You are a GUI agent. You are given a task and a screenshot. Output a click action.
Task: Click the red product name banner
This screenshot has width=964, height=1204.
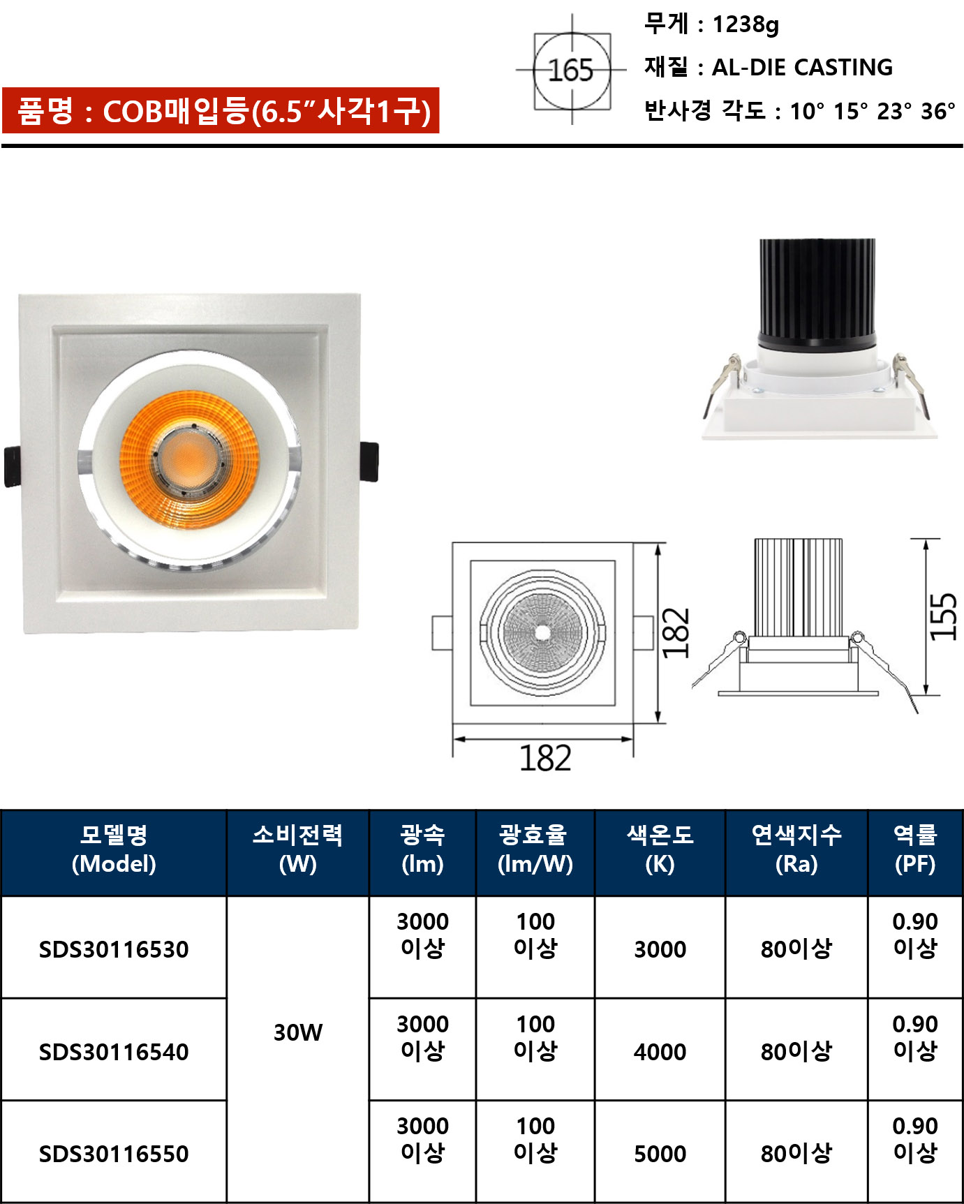click(x=221, y=110)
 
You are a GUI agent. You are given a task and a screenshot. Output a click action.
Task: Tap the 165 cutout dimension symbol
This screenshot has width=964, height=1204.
click(x=572, y=70)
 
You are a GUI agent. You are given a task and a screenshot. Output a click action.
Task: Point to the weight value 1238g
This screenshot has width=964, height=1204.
click(x=746, y=24)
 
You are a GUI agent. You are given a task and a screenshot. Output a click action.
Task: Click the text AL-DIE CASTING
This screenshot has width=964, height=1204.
click(x=802, y=67)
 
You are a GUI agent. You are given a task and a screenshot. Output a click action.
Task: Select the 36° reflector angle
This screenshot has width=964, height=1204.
click(x=937, y=110)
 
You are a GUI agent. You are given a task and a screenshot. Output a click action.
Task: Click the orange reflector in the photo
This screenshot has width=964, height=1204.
click(x=189, y=459)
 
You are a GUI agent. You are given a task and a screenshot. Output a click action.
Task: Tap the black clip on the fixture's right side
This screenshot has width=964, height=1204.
click(x=369, y=461)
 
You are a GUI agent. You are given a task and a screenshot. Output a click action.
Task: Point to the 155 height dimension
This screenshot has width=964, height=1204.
click(x=943, y=616)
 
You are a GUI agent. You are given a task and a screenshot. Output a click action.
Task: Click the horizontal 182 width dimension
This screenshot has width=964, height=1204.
click(x=545, y=758)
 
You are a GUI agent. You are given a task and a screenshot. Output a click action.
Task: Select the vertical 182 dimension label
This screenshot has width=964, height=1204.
click(x=676, y=633)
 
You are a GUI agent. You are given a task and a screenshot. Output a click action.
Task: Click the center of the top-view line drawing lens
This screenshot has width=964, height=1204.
click(x=542, y=633)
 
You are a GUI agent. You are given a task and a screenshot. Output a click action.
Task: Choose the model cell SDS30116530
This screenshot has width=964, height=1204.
click(x=114, y=949)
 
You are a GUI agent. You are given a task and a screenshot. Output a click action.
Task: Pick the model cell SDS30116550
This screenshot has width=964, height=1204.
click(x=114, y=1154)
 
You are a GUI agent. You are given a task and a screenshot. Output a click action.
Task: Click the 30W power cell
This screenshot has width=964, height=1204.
click(x=298, y=1032)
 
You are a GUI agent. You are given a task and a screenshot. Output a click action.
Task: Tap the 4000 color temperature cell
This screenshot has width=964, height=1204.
click(x=660, y=1051)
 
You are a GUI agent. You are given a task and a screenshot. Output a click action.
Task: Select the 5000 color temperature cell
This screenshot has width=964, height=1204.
click(x=660, y=1154)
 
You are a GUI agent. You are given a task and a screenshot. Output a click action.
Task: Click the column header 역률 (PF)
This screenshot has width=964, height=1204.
click(x=915, y=849)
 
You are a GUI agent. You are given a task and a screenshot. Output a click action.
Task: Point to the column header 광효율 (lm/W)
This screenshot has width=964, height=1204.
click(x=535, y=849)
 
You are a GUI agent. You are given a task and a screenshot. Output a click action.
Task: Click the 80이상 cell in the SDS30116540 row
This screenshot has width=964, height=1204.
click(x=796, y=1051)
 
